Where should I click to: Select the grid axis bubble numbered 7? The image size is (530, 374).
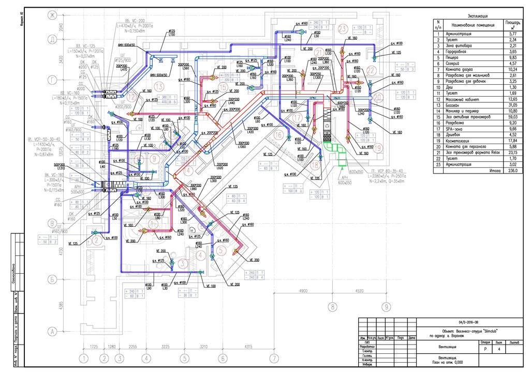point(274,357)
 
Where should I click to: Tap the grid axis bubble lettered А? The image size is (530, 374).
point(52,330)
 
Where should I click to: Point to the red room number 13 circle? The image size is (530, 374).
point(159,86)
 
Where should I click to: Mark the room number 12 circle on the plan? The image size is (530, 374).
point(133,96)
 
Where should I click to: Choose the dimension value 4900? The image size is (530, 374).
point(304,291)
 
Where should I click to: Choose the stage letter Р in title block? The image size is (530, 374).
point(484,349)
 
